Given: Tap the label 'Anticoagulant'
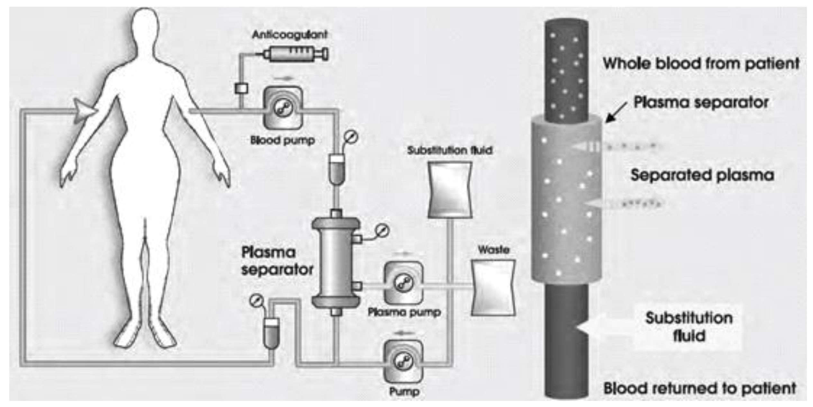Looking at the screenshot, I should pyautogui.click(x=290, y=34).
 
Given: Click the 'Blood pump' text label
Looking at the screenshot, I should pyautogui.click(x=283, y=140).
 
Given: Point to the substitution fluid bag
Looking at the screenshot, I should pyautogui.click(x=450, y=190).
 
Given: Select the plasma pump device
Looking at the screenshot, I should pyautogui.click(x=404, y=283).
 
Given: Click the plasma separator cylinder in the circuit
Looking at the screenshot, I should pyautogui.click(x=336, y=262).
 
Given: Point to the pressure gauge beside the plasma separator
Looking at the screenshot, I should pyautogui.click(x=383, y=231).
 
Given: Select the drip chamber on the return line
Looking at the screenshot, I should pyautogui.click(x=272, y=333).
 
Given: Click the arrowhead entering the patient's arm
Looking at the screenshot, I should pyautogui.click(x=84, y=111).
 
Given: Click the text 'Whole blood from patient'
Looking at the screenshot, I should pyautogui.click(x=701, y=63).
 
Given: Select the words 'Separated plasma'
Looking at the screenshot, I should pyautogui.click(x=702, y=175).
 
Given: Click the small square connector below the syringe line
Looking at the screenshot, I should pyautogui.click(x=241, y=88).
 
